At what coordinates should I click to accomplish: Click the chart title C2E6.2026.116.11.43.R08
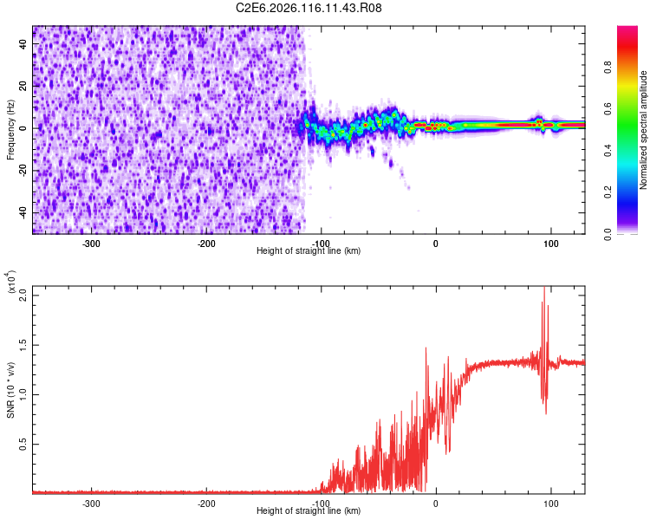pyautogui.click(x=309, y=8)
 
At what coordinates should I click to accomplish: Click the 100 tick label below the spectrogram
pyautogui.click(x=550, y=243)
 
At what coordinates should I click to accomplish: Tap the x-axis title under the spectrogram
pyautogui.click(x=309, y=251)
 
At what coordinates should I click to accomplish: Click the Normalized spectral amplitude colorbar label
pyautogui.click(x=643, y=130)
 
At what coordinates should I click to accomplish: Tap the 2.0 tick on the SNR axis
pyautogui.click(x=23, y=295)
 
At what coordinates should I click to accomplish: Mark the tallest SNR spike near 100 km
pyautogui.click(x=544, y=289)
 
